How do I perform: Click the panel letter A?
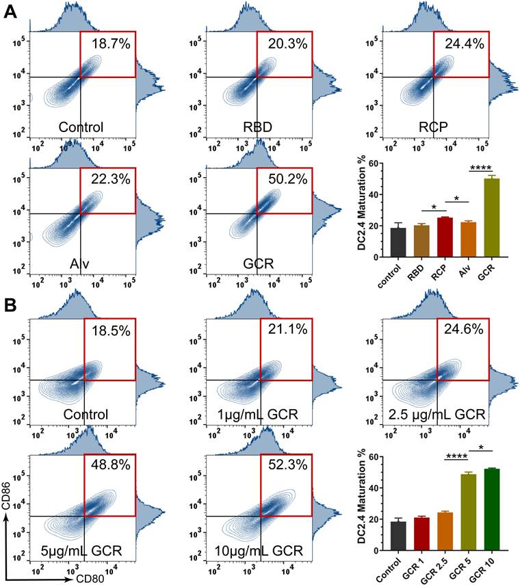[x=10, y=13]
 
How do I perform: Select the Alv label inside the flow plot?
[x=80, y=265]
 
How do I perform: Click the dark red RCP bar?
[x=445, y=237]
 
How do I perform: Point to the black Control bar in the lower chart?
[x=398, y=535]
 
